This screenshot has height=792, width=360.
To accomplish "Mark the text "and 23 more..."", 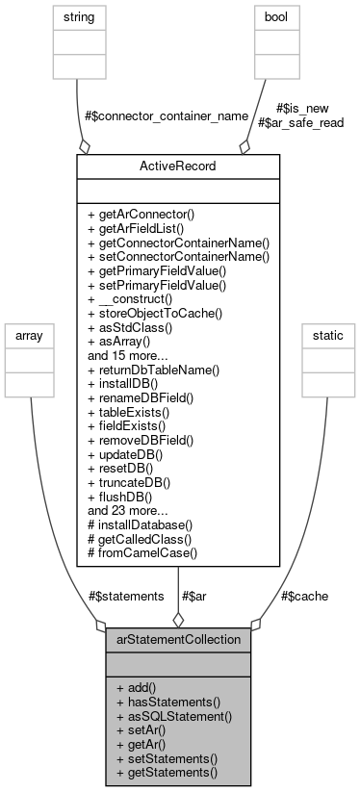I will coord(125,510).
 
